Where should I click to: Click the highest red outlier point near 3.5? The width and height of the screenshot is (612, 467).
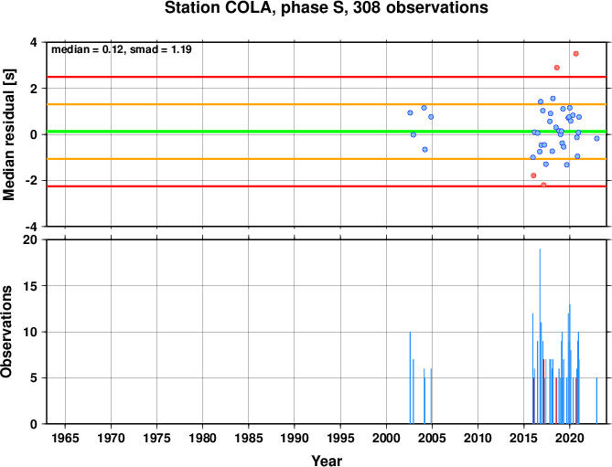tap(575, 54)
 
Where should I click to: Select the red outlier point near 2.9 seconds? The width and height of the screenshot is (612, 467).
tap(557, 68)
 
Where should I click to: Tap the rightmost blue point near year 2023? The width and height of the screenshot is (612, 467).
tap(596, 138)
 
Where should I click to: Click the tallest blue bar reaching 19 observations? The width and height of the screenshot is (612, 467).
tap(540, 336)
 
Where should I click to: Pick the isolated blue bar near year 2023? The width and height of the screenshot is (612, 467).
tap(596, 400)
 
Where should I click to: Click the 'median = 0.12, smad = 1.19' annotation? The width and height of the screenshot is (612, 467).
tap(122, 49)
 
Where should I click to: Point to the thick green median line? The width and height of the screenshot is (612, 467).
tap(327, 132)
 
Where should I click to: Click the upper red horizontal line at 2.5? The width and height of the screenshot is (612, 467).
tap(327, 77)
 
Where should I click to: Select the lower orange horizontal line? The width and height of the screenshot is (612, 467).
tap(327, 159)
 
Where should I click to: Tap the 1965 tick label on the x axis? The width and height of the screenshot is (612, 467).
tap(65, 438)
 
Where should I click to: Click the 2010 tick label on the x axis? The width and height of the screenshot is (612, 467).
tap(478, 438)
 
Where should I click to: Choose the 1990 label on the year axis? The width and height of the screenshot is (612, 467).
tap(295, 438)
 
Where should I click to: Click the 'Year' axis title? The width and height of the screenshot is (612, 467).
tap(327, 461)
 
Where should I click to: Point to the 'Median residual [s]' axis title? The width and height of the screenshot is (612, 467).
tap(8, 135)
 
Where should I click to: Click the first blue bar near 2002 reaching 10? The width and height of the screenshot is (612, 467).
tap(410, 377)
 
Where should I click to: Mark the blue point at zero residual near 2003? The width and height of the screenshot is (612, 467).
tap(413, 135)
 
